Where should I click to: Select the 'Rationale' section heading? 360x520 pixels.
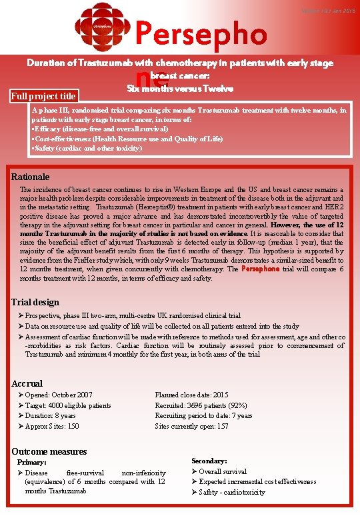pyautogui.click(x=31, y=177)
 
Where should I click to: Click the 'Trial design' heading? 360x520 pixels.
pyautogui.click(x=35, y=302)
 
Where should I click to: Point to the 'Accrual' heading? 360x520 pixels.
pyautogui.click(x=27, y=383)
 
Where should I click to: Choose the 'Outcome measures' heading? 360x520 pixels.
pyautogui.click(x=49, y=451)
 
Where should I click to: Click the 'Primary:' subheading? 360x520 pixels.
pyautogui.click(x=32, y=462)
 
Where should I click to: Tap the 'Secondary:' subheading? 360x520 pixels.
pyautogui.click(x=209, y=461)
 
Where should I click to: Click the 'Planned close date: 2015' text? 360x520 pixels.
pyautogui.click(x=191, y=395)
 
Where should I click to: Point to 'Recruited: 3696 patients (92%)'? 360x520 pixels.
pyautogui.click(x=201, y=405)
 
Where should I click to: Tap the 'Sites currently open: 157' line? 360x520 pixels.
pyautogui.click(x=193, y=426)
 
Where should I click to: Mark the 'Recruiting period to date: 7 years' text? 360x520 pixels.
pyautogui.click(x=203, y=416)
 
